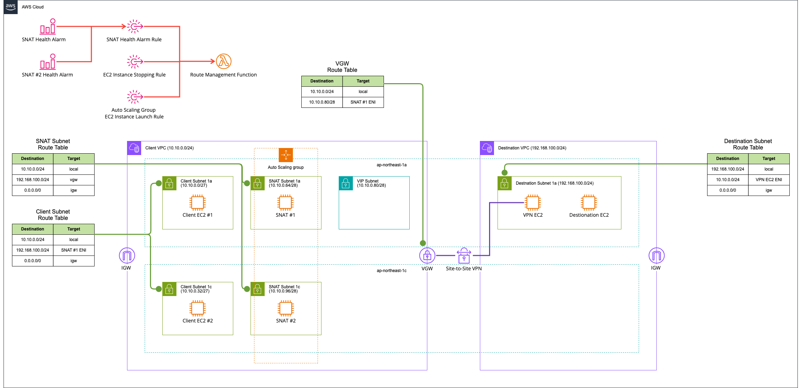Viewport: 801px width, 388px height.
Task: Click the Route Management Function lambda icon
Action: [x=223, y=61]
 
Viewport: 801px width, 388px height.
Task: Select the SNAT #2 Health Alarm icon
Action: [x=48, y=61]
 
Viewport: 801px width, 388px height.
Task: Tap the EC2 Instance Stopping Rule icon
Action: [x=135, y=61]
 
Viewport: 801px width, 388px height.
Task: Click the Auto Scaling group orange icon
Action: [x=286, y=155]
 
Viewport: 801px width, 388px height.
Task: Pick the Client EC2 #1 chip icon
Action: [x=197, y=203]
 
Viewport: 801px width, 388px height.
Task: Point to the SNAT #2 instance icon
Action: [x=285, y=308]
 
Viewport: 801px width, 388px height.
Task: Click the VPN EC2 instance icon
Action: [x=532, y=203]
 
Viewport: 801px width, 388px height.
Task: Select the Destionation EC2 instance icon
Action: [x=589, y=203]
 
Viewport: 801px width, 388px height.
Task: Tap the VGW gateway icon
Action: [x=427, y=255]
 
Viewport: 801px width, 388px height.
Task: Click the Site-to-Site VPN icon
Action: [x=464, y=255]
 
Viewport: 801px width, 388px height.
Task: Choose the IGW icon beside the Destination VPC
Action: [x=656, y=255]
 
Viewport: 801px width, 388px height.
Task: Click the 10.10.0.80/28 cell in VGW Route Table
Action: [x=322, y=102]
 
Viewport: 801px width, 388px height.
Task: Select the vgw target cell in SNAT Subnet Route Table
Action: [x=74, y=180]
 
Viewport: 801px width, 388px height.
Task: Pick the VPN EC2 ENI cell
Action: [x=769, y=180]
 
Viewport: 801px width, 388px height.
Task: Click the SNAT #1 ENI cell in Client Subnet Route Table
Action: [x=74, y=250]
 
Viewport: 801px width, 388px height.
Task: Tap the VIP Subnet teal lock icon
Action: [x=346, y=183]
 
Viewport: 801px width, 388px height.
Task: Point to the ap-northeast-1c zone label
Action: [x=392, y=271]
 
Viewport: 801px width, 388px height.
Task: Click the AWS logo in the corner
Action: [x=11, y=7]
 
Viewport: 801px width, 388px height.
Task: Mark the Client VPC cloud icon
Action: [x=134, y=148]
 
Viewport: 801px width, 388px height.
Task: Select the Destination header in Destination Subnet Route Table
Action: [x=728, y=159]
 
